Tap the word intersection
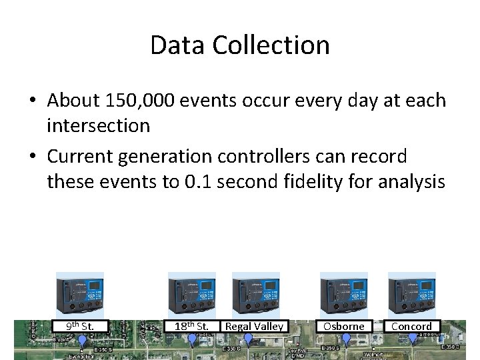[98, 125]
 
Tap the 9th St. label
[80, 326]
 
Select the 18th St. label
[192, 326]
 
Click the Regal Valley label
[254, 326]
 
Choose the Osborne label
[344, 326]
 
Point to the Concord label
[411, 326]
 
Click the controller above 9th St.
[80, 295]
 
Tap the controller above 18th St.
[192, 295]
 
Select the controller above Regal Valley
[255, 295]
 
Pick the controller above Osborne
[344, 295]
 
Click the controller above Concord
[411, 295]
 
